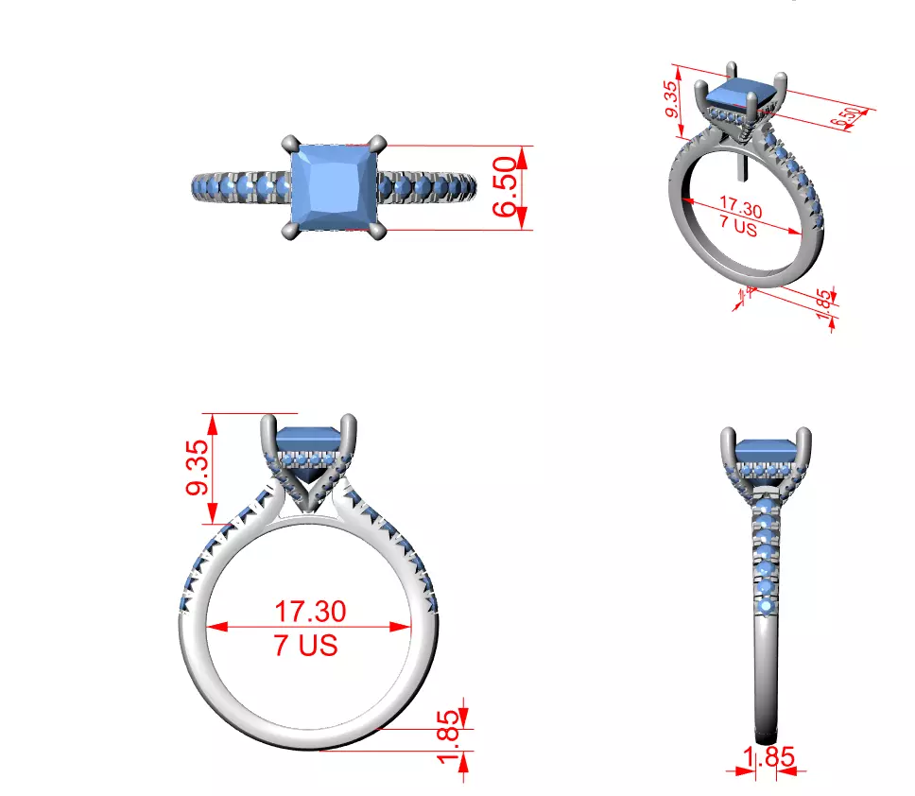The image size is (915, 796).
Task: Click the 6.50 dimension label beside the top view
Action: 507,188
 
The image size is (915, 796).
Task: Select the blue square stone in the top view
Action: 334,187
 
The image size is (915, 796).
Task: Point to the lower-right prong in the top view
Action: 380,232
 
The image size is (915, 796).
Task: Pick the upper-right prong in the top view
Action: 380,143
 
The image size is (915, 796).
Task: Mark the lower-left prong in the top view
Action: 287,232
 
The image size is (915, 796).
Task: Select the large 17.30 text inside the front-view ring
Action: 310,611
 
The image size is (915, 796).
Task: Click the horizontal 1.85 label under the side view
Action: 767,757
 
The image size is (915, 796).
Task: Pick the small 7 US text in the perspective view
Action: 737,228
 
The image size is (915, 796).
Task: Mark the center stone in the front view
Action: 310,440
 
